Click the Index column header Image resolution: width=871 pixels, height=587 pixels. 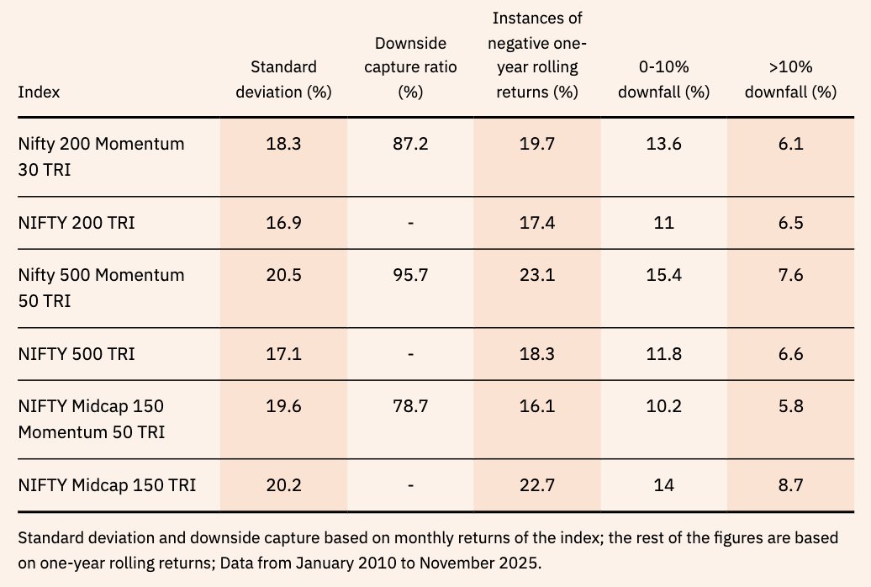[39, 93]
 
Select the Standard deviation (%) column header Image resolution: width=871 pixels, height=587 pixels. [283, 80]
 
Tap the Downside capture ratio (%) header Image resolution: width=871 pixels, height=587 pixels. [409, 67]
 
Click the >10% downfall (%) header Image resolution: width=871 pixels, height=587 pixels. [790, 80]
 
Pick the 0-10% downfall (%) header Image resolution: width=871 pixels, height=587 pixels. [663, 80]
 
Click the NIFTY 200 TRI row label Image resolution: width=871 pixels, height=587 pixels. [77, 223]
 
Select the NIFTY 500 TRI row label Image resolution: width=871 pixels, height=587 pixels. [77, 354]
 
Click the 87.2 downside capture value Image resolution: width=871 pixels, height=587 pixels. [409, 144]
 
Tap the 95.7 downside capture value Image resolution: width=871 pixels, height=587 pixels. [409, 275]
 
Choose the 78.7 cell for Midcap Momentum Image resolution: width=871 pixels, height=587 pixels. [409, 406]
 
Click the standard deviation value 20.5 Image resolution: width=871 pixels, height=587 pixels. [283, 275]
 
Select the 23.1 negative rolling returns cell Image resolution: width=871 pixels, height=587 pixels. [537, 275]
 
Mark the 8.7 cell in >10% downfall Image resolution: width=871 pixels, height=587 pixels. [790, 485]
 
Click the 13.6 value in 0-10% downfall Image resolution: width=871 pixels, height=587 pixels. [663, 144]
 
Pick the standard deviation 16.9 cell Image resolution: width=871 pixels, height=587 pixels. [283, 223]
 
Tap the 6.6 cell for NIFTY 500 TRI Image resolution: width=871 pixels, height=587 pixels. [790, 354]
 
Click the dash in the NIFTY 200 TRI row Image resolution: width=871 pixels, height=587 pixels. [409, 223]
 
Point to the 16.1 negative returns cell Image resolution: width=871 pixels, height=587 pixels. [537, 406]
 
